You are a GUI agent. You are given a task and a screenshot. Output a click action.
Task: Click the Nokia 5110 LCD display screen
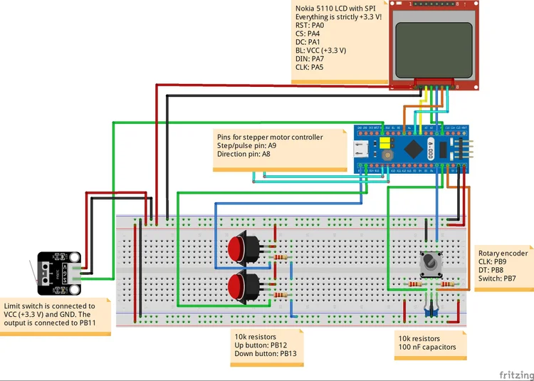point(433,43)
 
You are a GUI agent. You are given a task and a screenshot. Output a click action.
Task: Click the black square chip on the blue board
point(412,147)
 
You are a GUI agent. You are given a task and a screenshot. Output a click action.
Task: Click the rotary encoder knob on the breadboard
point(429,264)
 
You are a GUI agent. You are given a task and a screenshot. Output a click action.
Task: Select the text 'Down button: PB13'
point(267,353)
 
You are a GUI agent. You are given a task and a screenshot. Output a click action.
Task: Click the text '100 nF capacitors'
point(429,349)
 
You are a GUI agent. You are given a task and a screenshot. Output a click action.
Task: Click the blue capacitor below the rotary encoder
point(429,309)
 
